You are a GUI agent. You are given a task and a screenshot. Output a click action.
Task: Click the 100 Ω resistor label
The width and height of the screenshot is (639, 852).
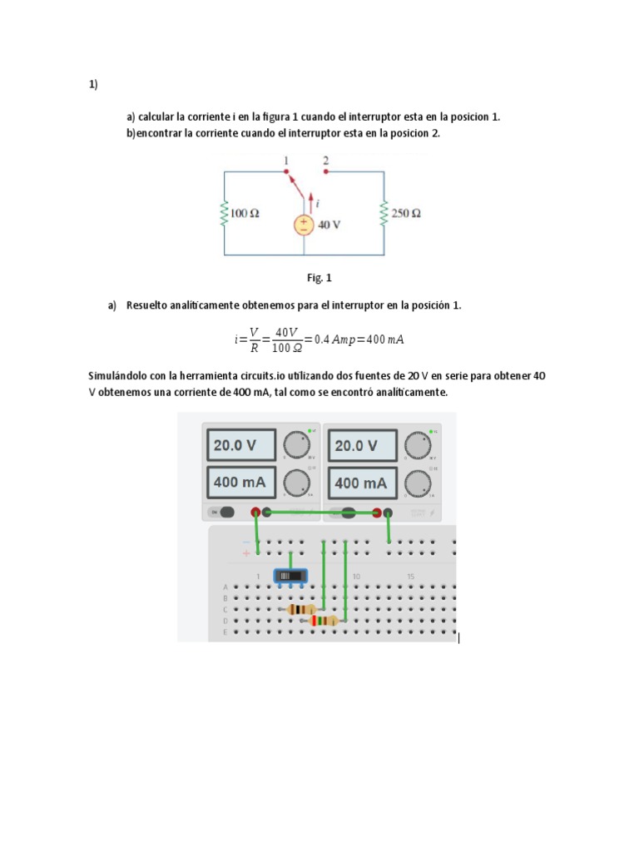(x=245, y=213)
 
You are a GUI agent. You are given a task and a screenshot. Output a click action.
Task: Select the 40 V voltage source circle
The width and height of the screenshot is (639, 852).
(x=305, y=225)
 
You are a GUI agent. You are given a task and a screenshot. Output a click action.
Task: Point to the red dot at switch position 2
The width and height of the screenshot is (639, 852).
(x=325, y=172)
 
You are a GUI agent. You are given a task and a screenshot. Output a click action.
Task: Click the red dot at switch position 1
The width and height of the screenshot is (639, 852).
(x=286, y=172)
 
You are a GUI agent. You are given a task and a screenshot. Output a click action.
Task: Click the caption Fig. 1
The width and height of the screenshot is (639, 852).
(x=319, y=278)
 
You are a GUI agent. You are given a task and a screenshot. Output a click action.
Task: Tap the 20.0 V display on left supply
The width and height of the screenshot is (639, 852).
(x=240, y=445)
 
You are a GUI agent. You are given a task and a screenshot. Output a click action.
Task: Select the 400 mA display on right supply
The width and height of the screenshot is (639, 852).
(x=361, y=483)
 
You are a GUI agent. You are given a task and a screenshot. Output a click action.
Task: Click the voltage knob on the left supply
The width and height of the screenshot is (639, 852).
(x=295, y=444)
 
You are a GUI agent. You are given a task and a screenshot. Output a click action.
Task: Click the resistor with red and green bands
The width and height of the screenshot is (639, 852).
(x=323, y=621)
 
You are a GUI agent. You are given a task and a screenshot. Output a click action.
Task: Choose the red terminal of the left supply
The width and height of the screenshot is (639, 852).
(x=256, y=513)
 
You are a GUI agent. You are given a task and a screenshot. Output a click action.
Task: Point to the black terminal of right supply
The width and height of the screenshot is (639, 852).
(x=389, y=513)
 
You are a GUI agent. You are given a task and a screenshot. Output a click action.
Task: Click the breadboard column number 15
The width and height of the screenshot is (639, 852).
(x=410, y=577)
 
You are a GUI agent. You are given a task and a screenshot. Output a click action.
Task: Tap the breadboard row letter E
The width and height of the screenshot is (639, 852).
(x=225, y=632)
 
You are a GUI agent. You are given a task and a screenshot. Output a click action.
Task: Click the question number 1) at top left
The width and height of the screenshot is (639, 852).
(x=93, y=84)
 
